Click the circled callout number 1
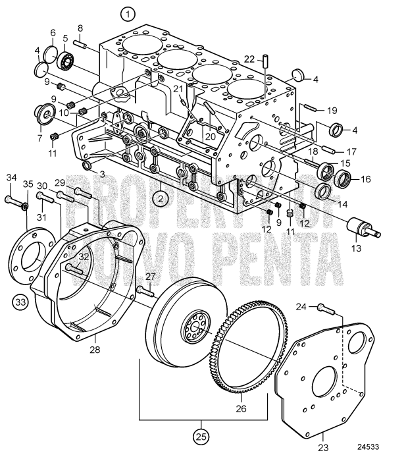coord(128,13)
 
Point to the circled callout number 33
coord(20,302)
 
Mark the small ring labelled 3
coord(85,163)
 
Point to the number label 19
coord(332,110)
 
